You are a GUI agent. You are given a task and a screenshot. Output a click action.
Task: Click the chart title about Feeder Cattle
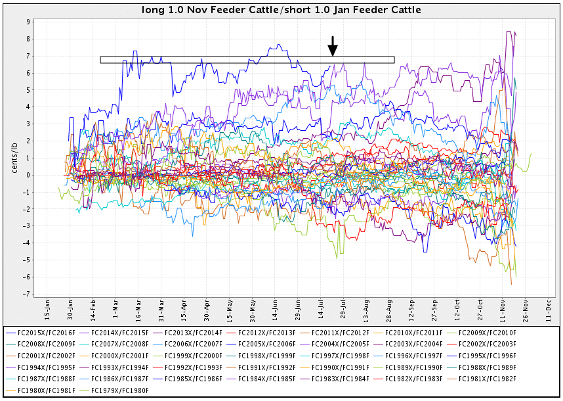pos(281,10)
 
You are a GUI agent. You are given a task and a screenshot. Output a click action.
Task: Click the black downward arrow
pos(333,46)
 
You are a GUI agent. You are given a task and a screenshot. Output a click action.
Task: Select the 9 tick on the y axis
pos(28,22)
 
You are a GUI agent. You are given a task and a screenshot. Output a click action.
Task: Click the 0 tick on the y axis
pos(28,175)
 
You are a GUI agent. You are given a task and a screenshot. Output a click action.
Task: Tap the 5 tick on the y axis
pos(28,89)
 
